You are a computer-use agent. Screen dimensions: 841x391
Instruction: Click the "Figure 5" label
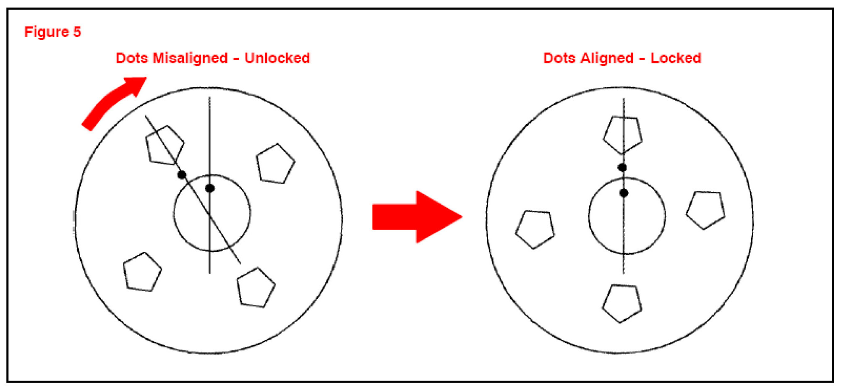coord(52,32)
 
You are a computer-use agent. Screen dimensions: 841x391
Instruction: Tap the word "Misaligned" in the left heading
coord(190,58)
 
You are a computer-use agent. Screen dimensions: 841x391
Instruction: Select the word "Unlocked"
coord(277,58)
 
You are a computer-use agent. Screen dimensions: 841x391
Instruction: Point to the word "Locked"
coord(676,58)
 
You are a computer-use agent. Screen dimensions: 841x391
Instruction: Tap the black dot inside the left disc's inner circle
coord(210,188)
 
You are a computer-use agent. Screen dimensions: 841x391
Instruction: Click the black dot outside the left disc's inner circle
coord(182,175)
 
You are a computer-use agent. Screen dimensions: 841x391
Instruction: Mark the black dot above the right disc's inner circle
coord(622,167)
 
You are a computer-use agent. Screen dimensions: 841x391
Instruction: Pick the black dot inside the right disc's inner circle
coord(624,193)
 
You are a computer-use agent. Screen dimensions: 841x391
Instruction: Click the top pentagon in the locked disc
coord(623,134)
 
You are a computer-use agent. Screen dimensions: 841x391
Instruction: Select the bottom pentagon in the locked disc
coord(622,302)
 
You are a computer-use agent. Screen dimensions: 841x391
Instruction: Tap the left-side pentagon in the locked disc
coord(535,229)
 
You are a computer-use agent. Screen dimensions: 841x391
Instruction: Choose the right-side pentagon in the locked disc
coord(706,209)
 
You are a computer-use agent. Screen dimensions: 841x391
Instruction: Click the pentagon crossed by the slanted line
coord(165,145)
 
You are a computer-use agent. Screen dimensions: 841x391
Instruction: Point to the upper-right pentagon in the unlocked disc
coord(275,164)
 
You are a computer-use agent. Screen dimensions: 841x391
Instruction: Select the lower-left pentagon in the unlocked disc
coord(142,272)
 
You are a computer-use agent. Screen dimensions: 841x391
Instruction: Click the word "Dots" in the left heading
coord(131,58)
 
